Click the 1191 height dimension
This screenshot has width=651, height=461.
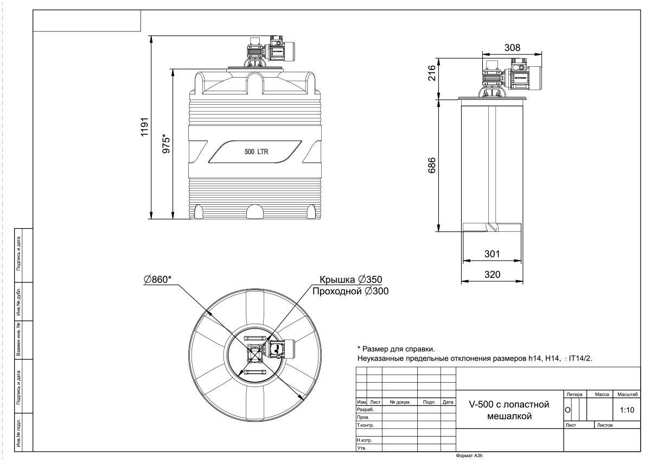tap(144, 127)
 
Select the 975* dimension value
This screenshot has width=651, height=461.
tap(166, 143)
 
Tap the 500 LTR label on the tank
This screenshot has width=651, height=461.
tap(256, 152)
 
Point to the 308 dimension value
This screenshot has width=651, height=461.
tap(512, 47)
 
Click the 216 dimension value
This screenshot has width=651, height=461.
tap(432, 73)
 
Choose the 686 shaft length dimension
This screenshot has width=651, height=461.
tap(432, 165)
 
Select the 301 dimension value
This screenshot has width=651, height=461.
tap(492, 254)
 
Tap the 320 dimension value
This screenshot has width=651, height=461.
tap(492, 274)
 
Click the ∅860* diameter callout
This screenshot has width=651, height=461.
tap(157, 280)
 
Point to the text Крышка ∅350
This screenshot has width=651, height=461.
tap(351, 280)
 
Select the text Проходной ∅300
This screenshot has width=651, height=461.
tap(350, 291)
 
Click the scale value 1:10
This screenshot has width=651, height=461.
tap(627, 410)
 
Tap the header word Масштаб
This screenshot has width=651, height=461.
tap(628, 394)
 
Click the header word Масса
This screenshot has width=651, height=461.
tap(602, 394)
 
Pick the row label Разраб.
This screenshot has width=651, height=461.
tap(365, 409)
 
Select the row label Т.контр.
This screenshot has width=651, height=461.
tap(365, 425)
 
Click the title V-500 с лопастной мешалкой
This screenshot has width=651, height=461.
tap(509, 411)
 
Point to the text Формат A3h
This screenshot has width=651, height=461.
tap(469, 456)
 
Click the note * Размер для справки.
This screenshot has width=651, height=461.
tap(396, 349)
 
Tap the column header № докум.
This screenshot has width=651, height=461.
tap(400, 402)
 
